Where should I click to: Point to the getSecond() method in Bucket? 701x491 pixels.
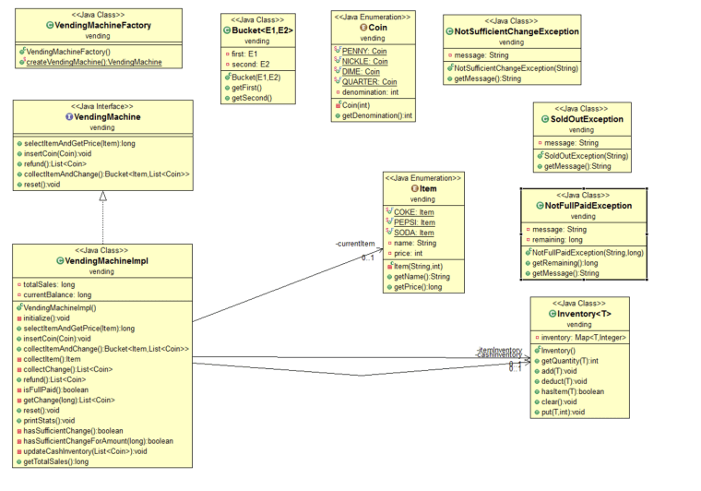click(x=251, y=97)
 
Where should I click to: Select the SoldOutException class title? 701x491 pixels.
click(x=587, y=119)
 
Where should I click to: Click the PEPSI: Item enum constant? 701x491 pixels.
click(x=414, y=222)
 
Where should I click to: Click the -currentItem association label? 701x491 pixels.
click(x=355, y=243)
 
